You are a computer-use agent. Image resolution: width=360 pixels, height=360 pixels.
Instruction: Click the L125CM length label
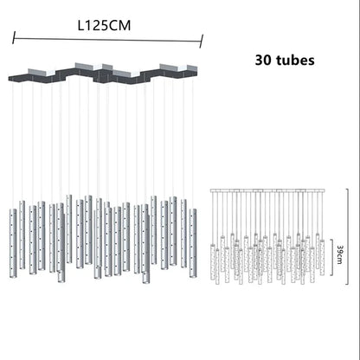104,25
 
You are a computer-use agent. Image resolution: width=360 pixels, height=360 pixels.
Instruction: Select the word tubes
295,61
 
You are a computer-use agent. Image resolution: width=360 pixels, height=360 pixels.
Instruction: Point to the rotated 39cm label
340,254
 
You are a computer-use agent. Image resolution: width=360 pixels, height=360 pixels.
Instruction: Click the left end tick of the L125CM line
13,38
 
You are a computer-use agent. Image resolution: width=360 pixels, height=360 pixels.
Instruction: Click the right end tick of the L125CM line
202,41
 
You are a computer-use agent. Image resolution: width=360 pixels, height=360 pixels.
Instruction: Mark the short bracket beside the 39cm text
332,257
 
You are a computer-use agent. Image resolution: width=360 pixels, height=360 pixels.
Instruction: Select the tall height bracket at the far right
347,236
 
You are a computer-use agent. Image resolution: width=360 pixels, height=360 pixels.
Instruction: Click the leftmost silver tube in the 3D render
13,243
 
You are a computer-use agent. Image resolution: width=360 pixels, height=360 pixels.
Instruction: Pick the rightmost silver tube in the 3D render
193,243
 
